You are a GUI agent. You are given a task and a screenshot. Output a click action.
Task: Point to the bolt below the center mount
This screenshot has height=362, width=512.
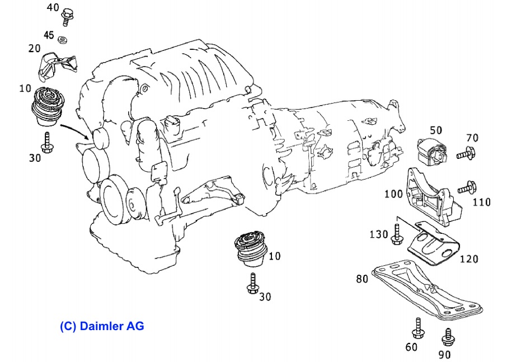coord(251,284)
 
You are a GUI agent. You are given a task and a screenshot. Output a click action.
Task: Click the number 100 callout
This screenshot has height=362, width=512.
coord(394,194)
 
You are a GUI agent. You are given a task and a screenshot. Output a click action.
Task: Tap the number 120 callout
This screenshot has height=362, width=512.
coord(469,258)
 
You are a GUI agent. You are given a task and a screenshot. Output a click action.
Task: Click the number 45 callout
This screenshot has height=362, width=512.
coord(49,35)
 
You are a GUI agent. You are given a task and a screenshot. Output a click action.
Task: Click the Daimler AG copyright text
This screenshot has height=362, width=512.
coord(102,326)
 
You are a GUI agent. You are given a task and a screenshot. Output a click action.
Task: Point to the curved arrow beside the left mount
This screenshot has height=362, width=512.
coord(75,130)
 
